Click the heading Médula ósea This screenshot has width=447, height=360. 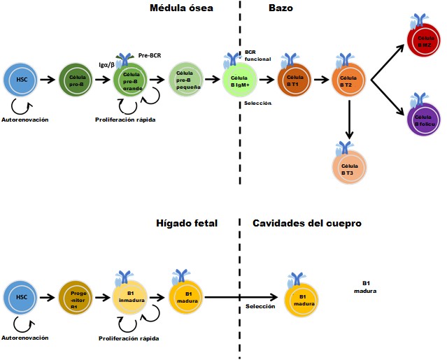[x=181, y=8]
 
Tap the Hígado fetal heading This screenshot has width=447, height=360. [x=187, y=223]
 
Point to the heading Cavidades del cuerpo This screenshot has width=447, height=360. [x=306, y=223]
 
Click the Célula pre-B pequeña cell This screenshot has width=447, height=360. [x=185, y=79]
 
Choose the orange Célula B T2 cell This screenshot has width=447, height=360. [x=348, y=80]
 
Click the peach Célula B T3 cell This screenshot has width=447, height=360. [x=348, y=168]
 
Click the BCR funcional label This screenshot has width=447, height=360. [x=253, y=56]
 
